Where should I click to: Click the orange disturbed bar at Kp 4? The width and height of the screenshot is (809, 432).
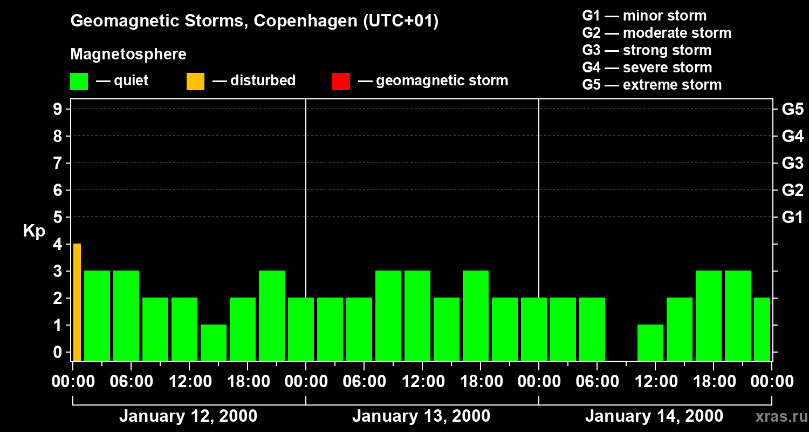coord(77,302)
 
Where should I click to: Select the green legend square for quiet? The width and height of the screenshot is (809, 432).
coord(79,82)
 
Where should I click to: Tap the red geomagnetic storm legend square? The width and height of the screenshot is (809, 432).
coord(341,82)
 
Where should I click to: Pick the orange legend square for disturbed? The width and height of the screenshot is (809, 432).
coord(195,82)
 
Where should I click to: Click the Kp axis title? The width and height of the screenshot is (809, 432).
coord(34,231)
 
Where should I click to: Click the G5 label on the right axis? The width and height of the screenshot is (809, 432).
coord(792,110)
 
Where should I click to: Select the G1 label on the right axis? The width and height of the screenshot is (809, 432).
coord(792,218)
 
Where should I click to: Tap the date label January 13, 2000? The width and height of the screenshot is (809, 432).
coord(421,416)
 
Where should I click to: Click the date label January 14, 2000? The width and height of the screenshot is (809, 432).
coord(654,416)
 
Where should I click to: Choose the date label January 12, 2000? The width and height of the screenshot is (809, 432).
coord(188,416)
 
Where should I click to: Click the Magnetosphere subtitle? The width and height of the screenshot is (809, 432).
coord(128,55)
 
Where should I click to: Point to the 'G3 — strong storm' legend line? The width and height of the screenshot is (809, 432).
coord(647,50)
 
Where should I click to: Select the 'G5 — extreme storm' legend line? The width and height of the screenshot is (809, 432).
coord(652,85)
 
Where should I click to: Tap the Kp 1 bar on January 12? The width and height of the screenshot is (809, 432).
coord(214,342)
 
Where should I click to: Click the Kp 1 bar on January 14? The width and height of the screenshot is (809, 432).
coord(650,342)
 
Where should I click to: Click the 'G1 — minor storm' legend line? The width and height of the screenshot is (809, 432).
coord(644,16)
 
